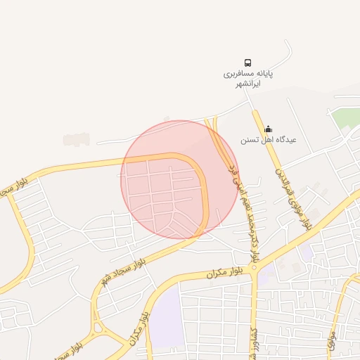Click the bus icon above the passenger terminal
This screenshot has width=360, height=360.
[247, 63]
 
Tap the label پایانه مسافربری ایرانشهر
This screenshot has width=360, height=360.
[247, 78]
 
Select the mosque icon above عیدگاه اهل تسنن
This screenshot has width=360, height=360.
[267, 129]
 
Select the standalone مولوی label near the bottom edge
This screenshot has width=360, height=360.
[330, 341]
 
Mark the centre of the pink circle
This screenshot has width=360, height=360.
[179, 179]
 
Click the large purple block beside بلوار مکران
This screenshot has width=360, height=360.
[167, 316]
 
